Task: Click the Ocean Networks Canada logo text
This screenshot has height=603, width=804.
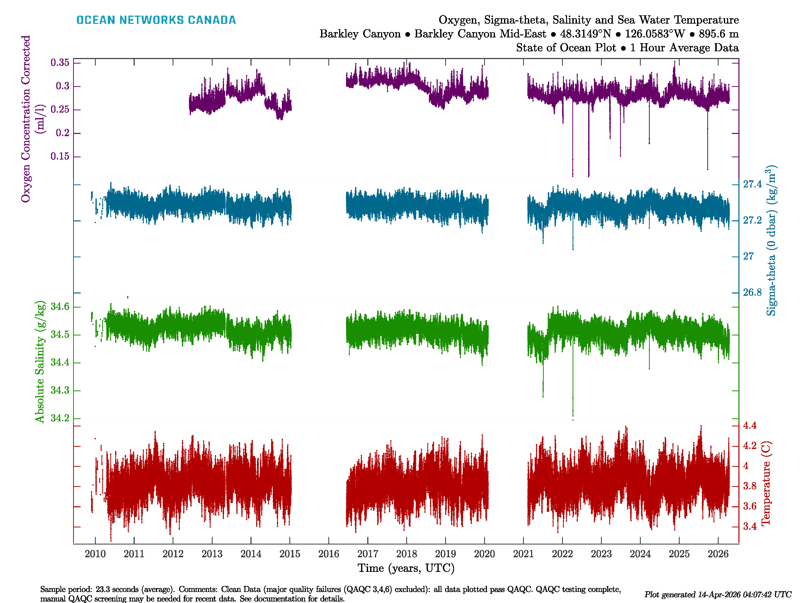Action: coord(156,20)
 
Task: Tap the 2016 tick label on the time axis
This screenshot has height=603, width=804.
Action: coord(329,554)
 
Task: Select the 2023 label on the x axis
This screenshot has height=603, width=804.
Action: coord(601,554)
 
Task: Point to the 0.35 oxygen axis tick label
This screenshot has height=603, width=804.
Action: coord(60,63)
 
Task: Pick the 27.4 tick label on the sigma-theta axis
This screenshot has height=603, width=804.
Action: coord(752,184)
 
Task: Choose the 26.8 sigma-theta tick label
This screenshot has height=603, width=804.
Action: coord(752,292)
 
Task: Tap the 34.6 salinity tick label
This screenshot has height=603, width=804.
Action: coord(60,307)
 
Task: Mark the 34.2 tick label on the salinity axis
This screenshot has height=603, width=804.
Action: coord(60,418)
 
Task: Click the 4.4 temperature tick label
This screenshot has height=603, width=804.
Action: coord(749,425)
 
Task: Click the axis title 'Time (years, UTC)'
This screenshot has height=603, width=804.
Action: coord(406,568)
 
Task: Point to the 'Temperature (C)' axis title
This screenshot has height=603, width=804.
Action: coord(766,483)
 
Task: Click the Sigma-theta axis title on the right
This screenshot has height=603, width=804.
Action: coord(771,241)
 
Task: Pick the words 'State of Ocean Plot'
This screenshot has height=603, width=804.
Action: coord(566,48)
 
